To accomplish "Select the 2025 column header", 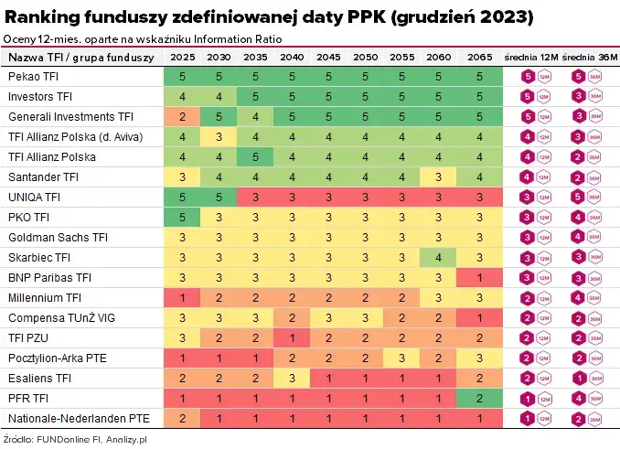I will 183,57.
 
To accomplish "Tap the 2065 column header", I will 478,57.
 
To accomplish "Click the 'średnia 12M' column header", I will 531,57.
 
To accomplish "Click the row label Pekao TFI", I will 33,76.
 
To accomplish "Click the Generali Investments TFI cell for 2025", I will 183,116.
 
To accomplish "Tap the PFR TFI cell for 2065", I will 478,399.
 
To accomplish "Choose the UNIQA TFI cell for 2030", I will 219,197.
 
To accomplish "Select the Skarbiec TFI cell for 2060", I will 439,257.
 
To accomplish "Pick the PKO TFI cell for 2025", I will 183,217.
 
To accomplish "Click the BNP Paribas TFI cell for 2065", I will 478,277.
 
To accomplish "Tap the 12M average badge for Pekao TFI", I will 528,77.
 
